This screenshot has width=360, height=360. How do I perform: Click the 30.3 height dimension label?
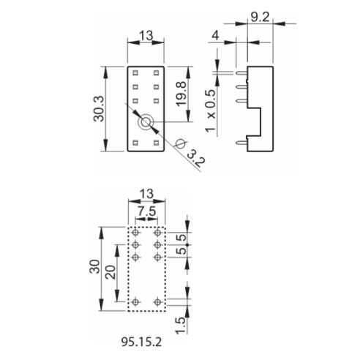tap(99, 108)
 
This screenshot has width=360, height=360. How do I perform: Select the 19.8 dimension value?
tap(181, 94)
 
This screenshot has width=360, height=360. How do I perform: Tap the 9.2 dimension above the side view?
tap(260, 17)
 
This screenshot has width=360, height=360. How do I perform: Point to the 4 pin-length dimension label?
tap(215, 36)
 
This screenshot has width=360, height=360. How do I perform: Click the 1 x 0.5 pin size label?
tap(210, 111)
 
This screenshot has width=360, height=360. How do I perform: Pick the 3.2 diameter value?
tap(196, 159)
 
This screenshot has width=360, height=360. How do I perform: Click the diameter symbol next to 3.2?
tap(181, 143)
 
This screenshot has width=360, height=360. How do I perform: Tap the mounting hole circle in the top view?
tap(146, 122)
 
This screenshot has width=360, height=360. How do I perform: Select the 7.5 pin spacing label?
tap(146, 211)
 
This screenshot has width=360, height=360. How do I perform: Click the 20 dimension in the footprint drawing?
tap(111, 272)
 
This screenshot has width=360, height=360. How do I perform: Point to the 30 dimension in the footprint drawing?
tap(95, 266)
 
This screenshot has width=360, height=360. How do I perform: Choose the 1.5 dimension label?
tap(181, 326)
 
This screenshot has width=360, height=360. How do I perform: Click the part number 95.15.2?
tap(141, 342)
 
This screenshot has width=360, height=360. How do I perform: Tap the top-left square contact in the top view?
tap(135, 72)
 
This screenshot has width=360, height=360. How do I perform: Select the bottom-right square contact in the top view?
tap(156, 143)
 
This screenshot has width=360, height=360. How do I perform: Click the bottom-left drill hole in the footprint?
tap(135, 302)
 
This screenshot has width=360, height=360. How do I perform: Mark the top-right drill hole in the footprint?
tap(157, 233)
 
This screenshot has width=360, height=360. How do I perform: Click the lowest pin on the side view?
tap(241, 143)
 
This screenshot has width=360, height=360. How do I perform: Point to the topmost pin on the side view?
tap(241, 72)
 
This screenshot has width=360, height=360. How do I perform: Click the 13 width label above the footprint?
tap(146, 194)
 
